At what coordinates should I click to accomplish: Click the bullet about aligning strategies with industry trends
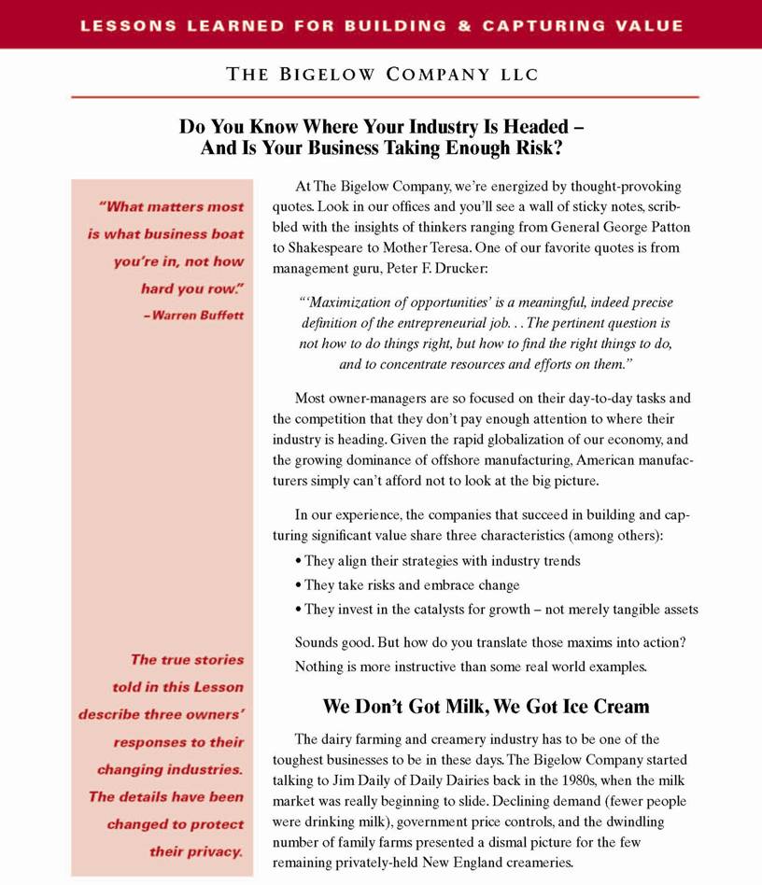pyautogui.click(x=439, y=561)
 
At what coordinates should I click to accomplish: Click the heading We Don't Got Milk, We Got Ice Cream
pyautogui.click(x=486, y=706)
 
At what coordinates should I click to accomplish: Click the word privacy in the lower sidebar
pyautogui.click(x=214, y=851)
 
